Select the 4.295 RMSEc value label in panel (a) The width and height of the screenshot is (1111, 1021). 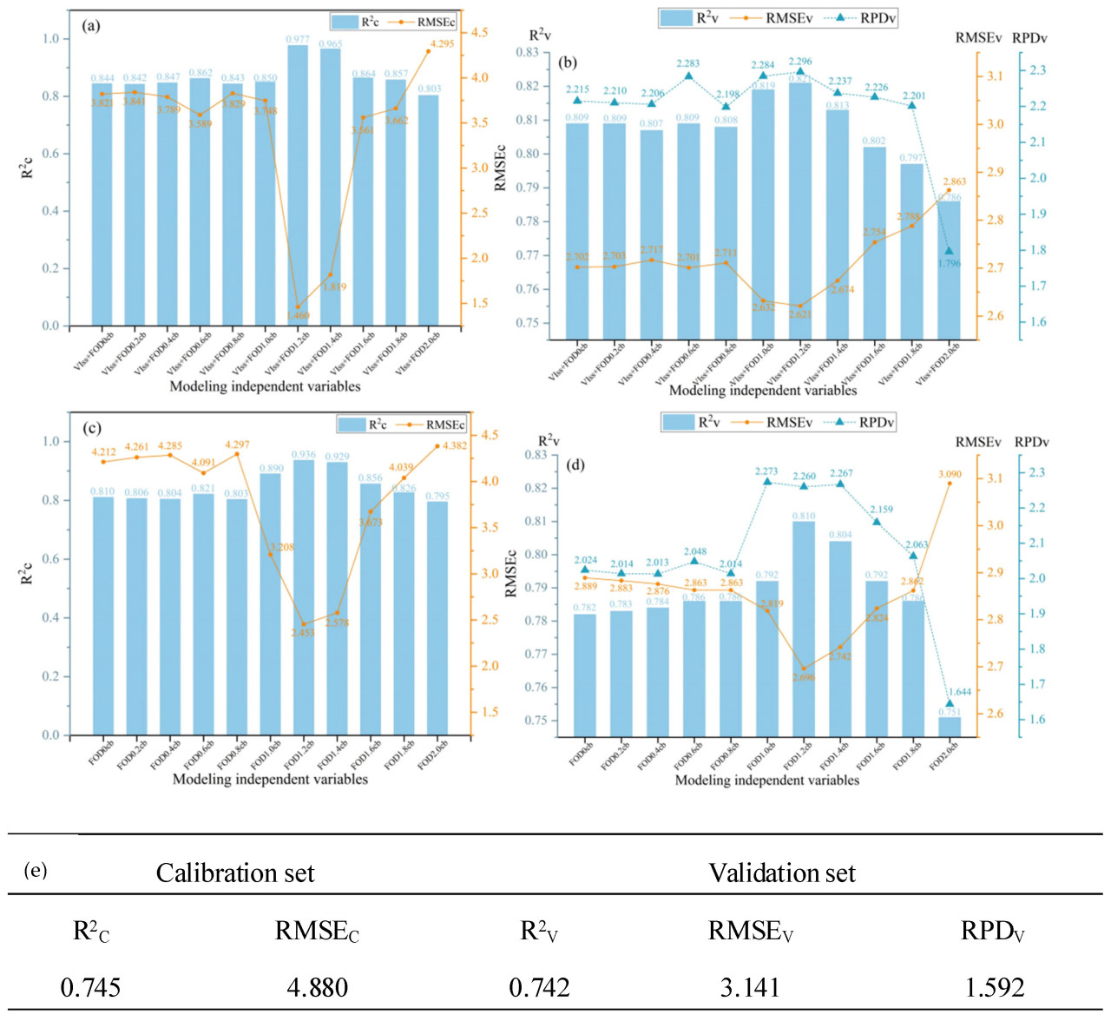[x=442, y=43]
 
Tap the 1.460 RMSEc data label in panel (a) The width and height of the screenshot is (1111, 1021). [x=298, y=315]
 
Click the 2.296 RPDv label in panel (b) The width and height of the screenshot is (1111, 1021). [x=800, y=62]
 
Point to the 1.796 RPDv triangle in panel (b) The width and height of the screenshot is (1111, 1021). [x=949, y=251]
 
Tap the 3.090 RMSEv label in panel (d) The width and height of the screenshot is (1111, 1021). [x=950, y=474]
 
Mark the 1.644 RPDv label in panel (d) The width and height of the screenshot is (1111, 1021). [x=958, y=692]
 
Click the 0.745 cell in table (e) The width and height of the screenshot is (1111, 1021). [x=90, y=987]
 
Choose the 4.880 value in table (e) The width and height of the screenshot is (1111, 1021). [x=317, y=987]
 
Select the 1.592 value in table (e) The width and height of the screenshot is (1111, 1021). [x=995, y=987]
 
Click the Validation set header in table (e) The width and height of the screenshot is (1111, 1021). [x=781, y=873]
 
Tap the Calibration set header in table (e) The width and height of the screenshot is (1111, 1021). [x=234, y=873]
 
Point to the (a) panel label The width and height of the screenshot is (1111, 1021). [x=91, y=25]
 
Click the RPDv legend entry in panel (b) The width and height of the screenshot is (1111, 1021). [x=864, y=17]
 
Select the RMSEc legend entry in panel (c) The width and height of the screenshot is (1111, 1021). [x=431, y=425]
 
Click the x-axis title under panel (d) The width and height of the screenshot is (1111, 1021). [x=767, y=780]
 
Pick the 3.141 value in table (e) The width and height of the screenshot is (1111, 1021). [x=751, y=987]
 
